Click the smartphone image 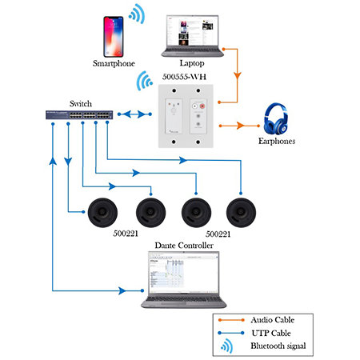pos(114,37)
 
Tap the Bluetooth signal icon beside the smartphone pos(138,14)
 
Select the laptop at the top pos(192,36)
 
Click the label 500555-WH pos(184,77)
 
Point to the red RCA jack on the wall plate pos(202,106)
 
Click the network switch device pos(79,114)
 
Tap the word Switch pos(81,103)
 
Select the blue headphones pos(276,118)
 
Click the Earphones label pos(277,141)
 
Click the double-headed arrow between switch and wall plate pos(134,114)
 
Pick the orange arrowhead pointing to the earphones pos(240,126)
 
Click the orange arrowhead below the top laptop pos(238,75)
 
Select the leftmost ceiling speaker pos(102,213)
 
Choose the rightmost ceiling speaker pos(241,213)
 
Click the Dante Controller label pos(184,246)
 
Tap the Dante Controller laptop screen pos(184,273)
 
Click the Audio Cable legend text pos(273,320)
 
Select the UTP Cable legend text pos(271,333)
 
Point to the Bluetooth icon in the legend pos(226,346)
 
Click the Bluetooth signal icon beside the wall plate pos(144,81)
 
